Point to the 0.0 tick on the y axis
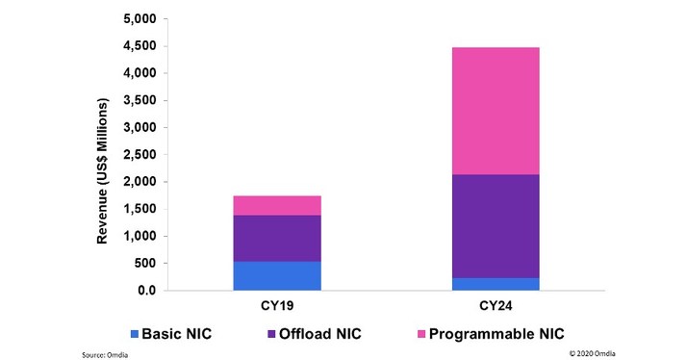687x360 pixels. pos(145,291)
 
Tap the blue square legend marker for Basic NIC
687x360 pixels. pos(135,335)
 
